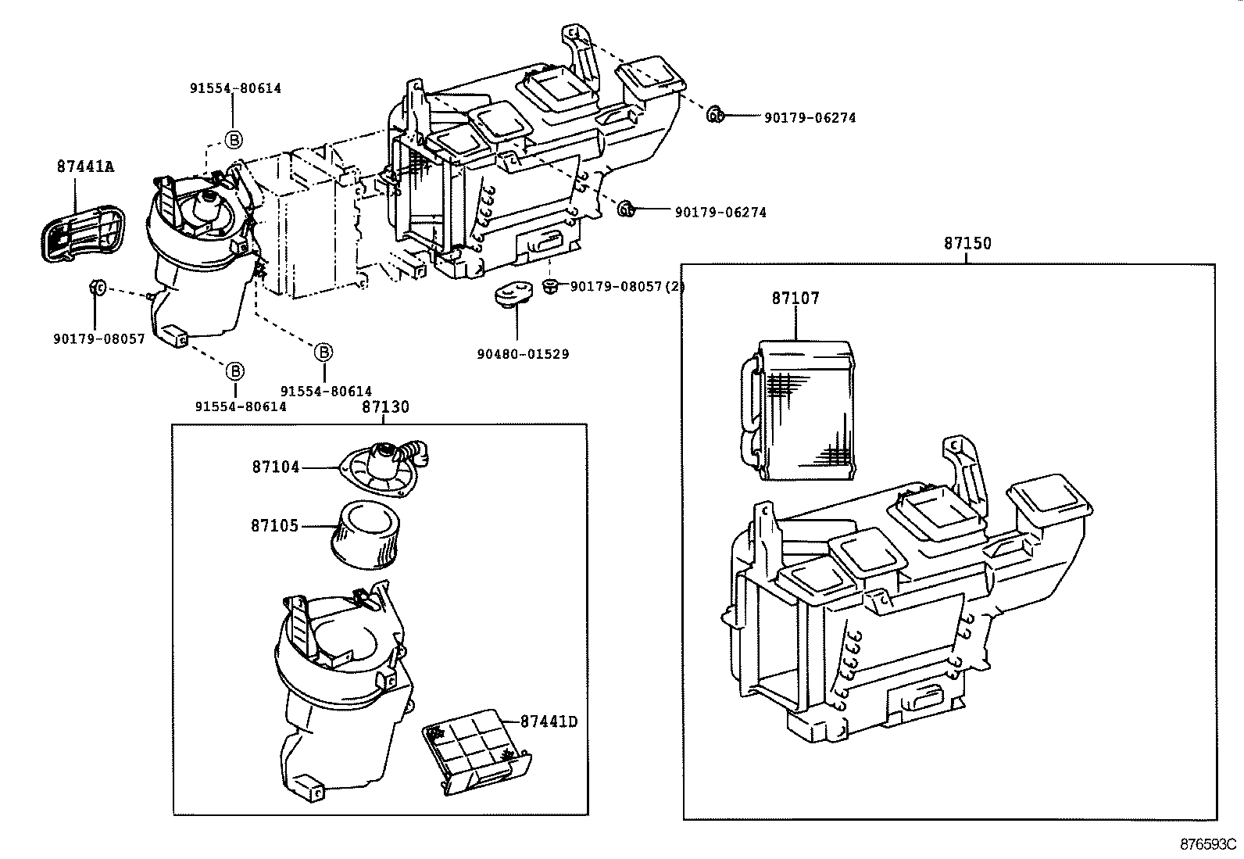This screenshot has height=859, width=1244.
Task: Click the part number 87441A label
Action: [85, 166]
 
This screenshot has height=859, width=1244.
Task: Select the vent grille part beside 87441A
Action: [82, 231]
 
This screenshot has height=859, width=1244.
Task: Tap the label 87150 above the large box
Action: [967, 243]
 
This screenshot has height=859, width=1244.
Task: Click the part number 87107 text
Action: [795, 298]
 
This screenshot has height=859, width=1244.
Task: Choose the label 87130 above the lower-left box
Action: [385, 407]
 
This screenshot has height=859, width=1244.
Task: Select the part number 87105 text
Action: [274, 526]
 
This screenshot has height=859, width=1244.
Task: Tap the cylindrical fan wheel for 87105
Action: [367, 534]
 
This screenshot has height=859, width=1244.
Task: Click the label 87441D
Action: [549, 721]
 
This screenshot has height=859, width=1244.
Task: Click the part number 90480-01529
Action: [523, 354]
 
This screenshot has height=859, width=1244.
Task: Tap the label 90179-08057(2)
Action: [627, 287]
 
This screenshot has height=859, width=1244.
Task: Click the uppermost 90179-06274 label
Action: [810, 118]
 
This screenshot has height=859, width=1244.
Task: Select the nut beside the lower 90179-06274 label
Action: [626, 209]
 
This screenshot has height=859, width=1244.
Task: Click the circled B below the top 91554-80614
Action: [234, 140]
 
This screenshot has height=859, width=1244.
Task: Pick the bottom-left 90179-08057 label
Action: [99, 339]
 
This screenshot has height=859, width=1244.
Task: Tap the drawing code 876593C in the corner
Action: [1208, 845]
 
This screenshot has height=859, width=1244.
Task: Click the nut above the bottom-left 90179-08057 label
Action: [97, 288]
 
